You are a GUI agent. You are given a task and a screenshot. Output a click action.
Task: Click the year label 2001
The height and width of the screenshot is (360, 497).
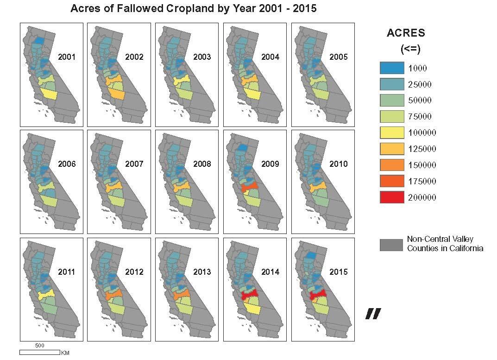click(x=67, y=57)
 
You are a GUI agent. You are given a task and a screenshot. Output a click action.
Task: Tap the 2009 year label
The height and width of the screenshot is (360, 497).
click(x=270, y=164)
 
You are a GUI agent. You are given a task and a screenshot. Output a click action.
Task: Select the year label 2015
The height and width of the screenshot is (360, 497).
click(x=338, y=272)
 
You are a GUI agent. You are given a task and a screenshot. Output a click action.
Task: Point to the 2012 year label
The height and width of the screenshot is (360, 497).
click(x=134, y=272)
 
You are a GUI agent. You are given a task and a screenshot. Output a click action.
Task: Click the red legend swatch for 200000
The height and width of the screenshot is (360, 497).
click(x=391, y=197)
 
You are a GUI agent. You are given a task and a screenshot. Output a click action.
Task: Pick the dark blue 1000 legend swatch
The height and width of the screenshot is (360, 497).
click(x=391, y=68)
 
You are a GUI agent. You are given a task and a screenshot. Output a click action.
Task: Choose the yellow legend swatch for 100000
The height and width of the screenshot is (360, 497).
click(x=391, y=133)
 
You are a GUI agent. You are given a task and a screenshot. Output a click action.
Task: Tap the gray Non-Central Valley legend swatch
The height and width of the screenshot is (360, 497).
click(x=391, y=245)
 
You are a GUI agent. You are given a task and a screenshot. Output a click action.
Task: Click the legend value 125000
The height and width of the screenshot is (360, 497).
click(x=422, y=149)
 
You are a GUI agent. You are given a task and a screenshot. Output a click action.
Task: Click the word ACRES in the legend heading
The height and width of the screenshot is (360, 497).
click(x=406, y=33)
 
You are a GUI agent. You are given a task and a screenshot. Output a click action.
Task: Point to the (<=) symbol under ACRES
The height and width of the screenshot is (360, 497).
click(x=410, y=49)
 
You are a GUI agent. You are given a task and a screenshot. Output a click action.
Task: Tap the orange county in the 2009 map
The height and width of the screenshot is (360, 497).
click(x=250, y=187)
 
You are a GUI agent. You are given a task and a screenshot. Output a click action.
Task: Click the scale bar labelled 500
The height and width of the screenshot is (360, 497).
click(x=39, y=352)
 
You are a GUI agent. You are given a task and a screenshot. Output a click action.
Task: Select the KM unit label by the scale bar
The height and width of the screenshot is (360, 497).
click(x=65, y=353)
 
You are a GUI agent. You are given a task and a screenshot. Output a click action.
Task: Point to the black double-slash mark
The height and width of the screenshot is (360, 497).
click(x=373, y=314)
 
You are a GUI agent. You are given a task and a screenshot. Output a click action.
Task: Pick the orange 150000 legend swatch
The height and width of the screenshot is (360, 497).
click(x=391, y=165)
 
